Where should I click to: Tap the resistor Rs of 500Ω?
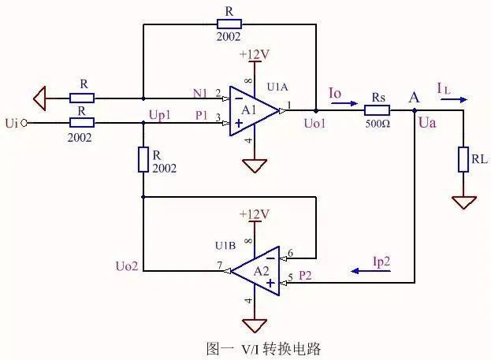point(378,111)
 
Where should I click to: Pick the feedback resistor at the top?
point(229,24)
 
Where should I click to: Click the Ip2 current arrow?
point(365,270)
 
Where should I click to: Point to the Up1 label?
point(159,115)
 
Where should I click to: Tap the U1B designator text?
point(226,246)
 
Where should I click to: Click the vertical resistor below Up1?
point(143,160)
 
